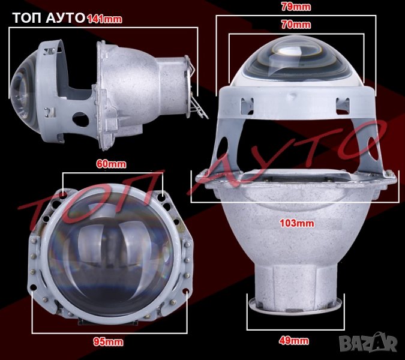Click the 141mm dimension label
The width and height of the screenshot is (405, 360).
(x=104, y=19)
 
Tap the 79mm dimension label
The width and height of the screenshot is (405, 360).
(x=296, y=7)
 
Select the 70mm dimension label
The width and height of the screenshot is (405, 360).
(x=296, y=25)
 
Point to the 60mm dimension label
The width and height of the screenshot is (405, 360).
(x=111, y=164)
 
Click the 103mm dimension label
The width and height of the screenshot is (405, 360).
(x=297, y=223)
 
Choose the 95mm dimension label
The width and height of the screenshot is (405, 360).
(x=108, y=342)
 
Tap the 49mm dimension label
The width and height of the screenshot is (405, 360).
(x=293, y=341)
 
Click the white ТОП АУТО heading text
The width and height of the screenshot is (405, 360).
(x=49, y=18)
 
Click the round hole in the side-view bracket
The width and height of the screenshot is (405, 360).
(x=80, y=119)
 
